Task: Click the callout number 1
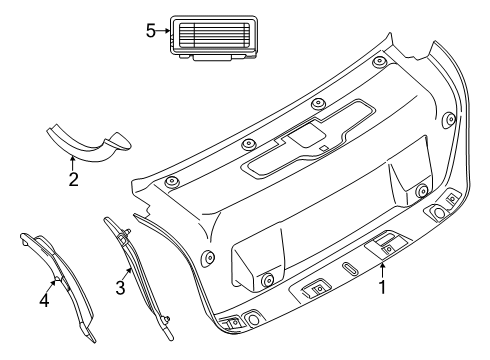[383, 287]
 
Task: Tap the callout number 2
[73, 179]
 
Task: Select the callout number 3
[120, 288]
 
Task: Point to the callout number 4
[44, 300]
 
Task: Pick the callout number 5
[151, 31]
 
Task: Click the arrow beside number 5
[163, 31]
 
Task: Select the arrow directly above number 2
[72, 163]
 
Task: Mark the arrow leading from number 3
[127, 274]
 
